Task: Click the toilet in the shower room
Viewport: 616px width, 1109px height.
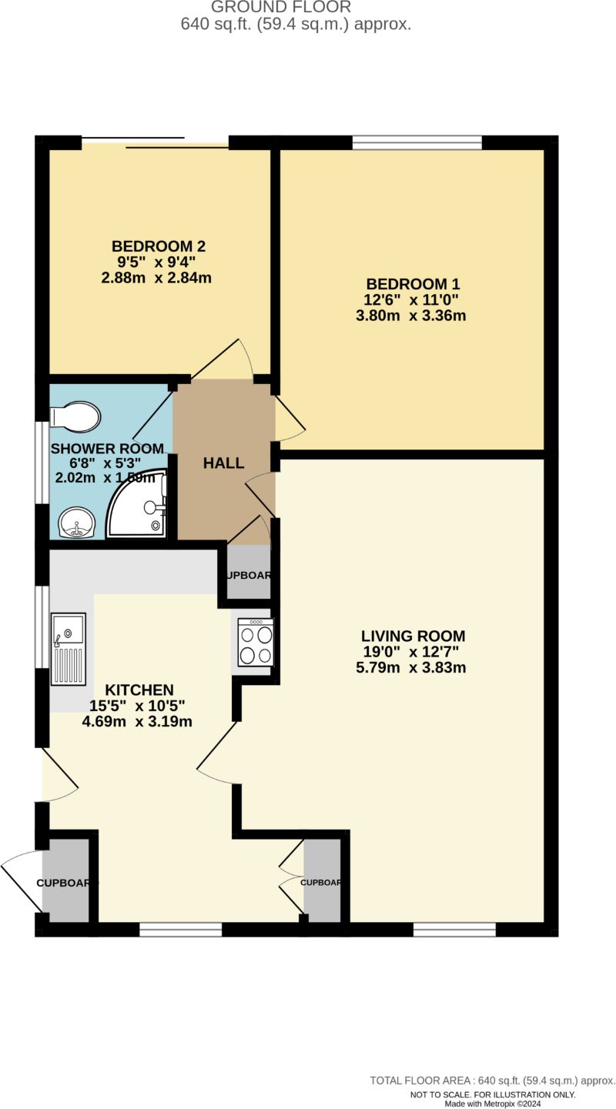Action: (x=75, y=417)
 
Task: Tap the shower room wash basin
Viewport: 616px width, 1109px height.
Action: (x=75, y=523)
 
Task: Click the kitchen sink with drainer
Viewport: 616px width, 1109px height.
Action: (x=68, y=648)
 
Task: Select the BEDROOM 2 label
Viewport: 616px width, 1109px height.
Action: (x=159, y=246)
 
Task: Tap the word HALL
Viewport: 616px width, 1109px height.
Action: (x=223, y=463)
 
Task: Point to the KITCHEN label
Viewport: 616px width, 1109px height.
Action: (x=139, y=690)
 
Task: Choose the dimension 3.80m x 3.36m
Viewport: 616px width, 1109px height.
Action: (x=416, y=316)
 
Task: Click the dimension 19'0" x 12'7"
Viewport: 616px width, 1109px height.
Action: (x=411, y=652)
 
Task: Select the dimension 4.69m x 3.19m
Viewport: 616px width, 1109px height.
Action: (x=137, y=722)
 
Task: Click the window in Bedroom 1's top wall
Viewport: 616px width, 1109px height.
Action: (x=417, y=142)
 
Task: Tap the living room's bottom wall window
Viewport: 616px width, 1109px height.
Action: (x=454, y=930)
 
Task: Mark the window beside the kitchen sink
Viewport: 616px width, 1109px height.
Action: (x=42, y=627)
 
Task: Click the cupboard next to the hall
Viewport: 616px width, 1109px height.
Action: (x=248, y=573)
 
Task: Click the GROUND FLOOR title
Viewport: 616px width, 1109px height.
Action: (x=280, y=7)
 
